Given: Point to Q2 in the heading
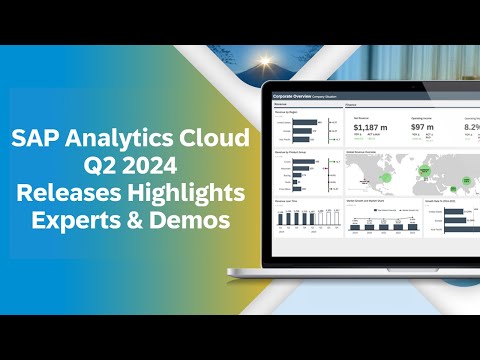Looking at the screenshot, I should point(103,163).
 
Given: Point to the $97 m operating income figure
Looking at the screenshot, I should point(422,127).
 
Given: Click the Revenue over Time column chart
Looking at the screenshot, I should point(306,216).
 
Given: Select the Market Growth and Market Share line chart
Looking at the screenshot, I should point(383,219).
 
